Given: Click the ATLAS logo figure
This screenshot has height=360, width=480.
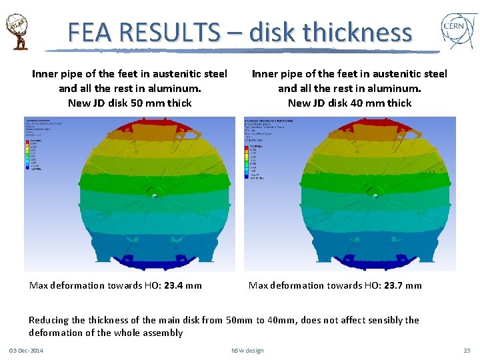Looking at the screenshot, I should click(x=19, y=31).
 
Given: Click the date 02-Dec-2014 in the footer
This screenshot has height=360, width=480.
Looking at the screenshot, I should click(x=26, y=351).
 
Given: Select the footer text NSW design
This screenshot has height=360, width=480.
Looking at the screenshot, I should click(x=247, y=351).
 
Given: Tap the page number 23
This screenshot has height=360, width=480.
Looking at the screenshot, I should click(x=467, y=351).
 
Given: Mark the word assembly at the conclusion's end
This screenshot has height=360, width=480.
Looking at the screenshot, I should click(x=162, y=333).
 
